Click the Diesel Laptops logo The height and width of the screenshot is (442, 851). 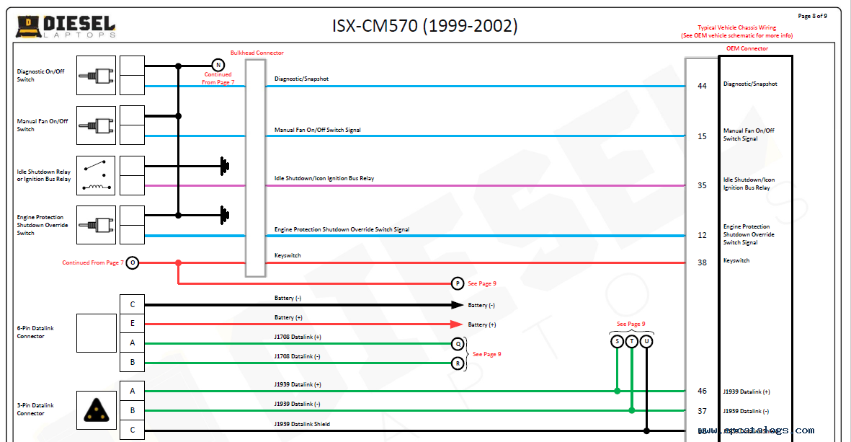[66, 27]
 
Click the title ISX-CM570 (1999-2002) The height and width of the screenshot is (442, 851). [424, 26]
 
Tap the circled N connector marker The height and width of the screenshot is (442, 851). [218, 65]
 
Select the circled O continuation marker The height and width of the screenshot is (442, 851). [132, 263]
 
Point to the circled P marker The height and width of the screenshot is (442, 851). [458, 283]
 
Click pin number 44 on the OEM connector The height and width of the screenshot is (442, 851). [702, 86]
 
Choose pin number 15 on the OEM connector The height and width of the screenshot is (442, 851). [702, 136]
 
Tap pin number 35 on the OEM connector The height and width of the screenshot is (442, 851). [702, 185]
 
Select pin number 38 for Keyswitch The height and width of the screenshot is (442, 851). [702, 262]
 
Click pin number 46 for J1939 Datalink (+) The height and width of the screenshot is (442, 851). [702, 391]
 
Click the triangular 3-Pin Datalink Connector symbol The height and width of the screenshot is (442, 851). [96, 410]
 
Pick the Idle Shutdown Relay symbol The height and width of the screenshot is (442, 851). [96, 175]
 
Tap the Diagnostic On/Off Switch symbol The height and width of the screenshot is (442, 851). [96, 75]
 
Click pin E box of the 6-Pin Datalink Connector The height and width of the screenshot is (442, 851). [132, 324]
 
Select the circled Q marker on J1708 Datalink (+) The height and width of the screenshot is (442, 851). [458, 344]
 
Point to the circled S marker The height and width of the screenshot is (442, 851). [617, 341]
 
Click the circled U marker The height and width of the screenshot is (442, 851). [646, 341]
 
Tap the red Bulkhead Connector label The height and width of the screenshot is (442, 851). [257, 53]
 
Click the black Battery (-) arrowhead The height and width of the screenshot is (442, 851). [457, 305]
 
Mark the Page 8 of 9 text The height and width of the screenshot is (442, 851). [812, 16]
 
